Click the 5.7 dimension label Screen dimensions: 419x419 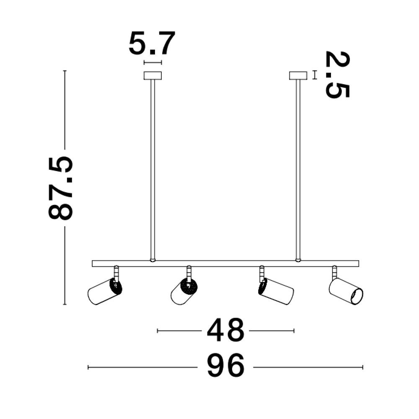tap(152, 43)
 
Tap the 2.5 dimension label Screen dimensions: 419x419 tap(337, 75)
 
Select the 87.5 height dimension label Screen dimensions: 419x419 tap(61, 188)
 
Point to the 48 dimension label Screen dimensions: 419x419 tap(225, 330)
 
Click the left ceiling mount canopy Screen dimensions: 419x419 tap(153, 75)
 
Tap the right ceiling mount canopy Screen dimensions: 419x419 tap(298, 75)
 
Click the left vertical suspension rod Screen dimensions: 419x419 tap(153, 169)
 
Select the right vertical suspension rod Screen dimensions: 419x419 tap(298, 169)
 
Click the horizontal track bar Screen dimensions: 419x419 tap(225, 264)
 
